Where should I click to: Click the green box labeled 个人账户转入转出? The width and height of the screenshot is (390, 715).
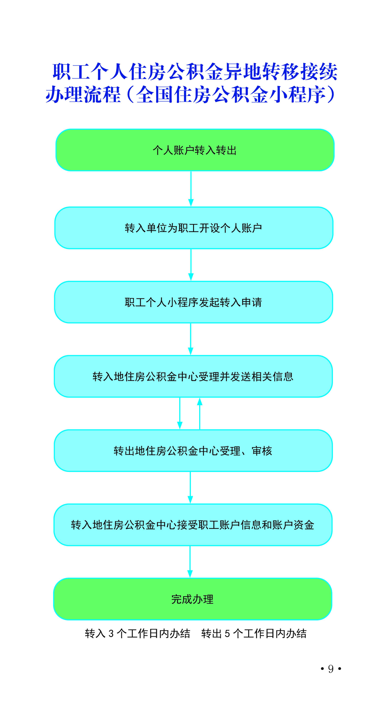coord(195,150)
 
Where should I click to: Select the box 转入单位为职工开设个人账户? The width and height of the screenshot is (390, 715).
coord(194,228)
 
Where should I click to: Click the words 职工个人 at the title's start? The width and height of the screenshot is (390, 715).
coord(90,72)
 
